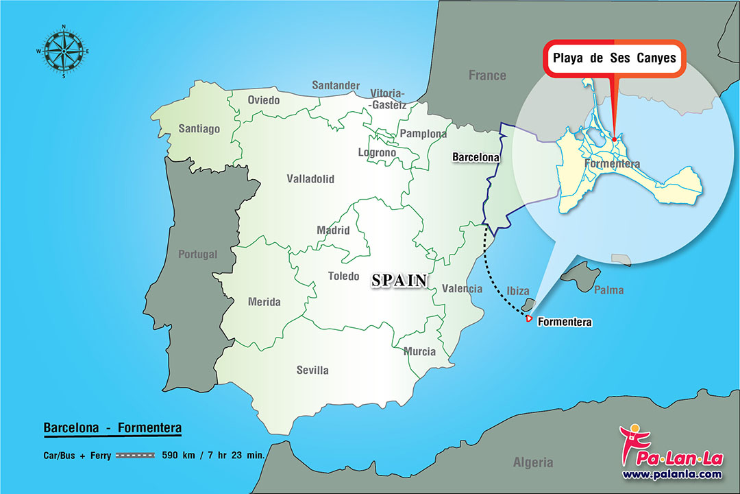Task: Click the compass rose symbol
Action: (x=62, y=51)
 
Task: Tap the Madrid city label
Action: (x=333, y=231)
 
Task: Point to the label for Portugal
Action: (x=197, y=255)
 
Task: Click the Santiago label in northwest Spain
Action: (x=199, y=128)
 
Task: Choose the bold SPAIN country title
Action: (x=399, y=280)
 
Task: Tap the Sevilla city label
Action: (x=312, y=370)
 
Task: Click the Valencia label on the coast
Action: (x=462, y=289)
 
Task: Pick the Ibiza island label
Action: (x=517, y=291)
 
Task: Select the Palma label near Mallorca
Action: (x=608, y=290)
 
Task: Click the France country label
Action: (x=487, y=75)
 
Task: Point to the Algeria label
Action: (x=532, y=462)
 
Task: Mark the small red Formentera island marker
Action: (x=528, y=318)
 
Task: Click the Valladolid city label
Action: (x=310, y=179)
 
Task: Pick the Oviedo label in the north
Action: (x=264, y=100)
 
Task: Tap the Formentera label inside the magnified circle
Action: (x=612, y=164)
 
